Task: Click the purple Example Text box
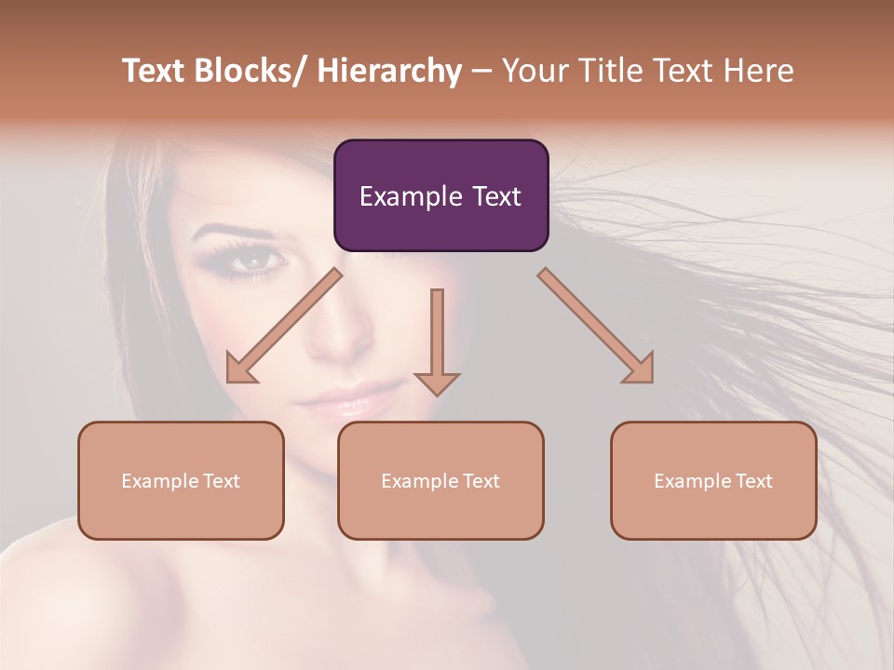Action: (440, 195)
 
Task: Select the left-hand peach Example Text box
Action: (181, 480)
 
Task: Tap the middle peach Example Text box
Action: (440, 480)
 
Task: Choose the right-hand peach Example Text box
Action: (713, 480)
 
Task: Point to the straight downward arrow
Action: (437, 341)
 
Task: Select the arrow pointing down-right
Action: (597, 327)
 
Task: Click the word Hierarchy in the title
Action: (389, 71)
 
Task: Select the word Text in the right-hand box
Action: (752, 480)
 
